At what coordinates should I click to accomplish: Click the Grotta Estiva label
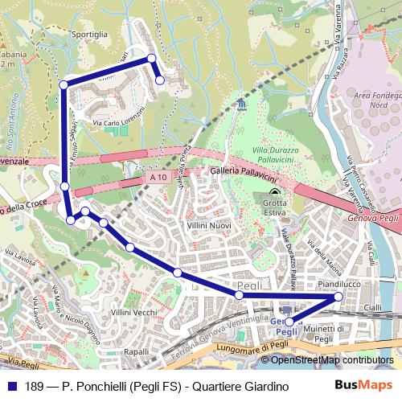[x=277, y=208]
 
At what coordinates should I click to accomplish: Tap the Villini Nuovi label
[x=209, y=228]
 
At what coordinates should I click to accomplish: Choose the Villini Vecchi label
[x=134, y=311]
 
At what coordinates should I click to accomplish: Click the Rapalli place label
[x=137, y=352]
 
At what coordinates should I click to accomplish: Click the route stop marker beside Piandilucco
[x=338, y=297]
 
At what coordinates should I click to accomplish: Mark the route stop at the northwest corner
[x=64, y=84]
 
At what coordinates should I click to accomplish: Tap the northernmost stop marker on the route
[x=150, y=58]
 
